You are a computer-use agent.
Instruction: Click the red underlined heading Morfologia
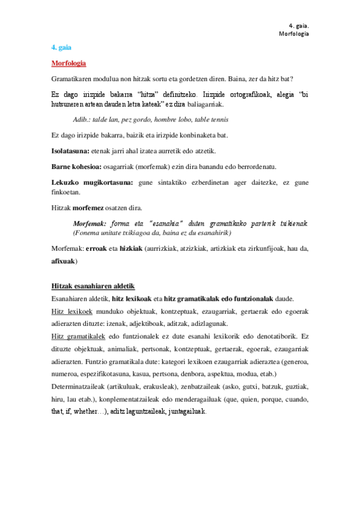69,63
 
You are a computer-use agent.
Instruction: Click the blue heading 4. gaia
61,47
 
